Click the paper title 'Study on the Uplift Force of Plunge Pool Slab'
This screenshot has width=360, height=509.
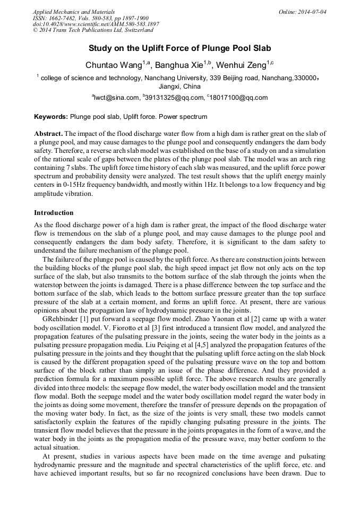tap(179, 48)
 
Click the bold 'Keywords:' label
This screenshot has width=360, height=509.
tap(51, 116)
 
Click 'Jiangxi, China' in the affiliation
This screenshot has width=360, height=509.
tap(179, 86)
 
